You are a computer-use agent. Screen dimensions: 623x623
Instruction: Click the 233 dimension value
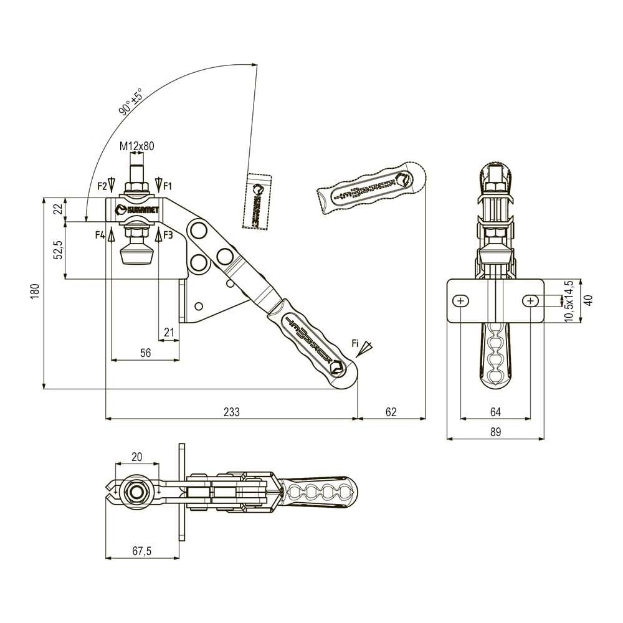(x=231, y=412)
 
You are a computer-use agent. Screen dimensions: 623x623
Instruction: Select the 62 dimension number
(x=391, y=412)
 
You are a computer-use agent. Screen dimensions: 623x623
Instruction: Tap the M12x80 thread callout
(x=137, y=146)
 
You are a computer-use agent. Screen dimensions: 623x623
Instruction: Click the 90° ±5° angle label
(x=130, y=102)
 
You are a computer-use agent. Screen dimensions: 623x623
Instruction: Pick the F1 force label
(x=168, y=185)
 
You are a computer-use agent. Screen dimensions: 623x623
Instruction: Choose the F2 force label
(x=102, y=185)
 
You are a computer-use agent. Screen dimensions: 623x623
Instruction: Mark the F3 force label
(x=168, y=234)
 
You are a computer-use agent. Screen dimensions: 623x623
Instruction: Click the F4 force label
(x=100, y=234)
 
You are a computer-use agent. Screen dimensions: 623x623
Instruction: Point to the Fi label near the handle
(x=356, y=343)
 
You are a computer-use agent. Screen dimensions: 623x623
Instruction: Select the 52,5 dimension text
(x=58, y=250)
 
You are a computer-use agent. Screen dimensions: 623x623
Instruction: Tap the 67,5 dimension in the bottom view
(x=141, y=551)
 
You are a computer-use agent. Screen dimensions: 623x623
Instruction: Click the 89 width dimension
(x=495, y=431)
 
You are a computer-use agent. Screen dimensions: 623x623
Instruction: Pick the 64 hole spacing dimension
(x=495, y=411)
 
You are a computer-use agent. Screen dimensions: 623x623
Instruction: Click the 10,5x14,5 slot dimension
(x=568, y=301)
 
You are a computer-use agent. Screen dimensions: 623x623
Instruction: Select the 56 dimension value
(x=145, y=353)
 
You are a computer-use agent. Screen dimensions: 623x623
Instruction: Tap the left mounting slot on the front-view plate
(x=461, y=301)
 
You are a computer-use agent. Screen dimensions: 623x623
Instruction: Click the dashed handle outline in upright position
(x=258, y=201)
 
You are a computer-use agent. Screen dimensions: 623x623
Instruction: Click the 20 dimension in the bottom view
(x=137, y=457)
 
